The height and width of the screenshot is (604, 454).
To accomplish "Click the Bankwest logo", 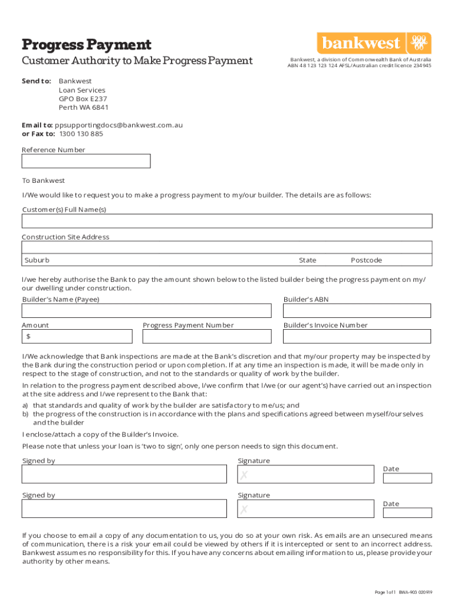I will (x=374, y=43).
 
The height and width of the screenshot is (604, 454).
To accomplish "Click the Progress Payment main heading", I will (x=87, y=44).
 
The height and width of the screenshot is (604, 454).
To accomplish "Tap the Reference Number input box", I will (x=86, y=161).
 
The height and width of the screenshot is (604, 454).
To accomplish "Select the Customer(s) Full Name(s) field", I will (x=227, y=221).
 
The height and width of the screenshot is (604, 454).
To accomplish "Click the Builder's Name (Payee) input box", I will (x=147, y=311).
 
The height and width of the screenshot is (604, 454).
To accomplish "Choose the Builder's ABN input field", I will (x=357, y=311).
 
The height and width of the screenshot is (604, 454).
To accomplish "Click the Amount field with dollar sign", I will (x=77, y=336).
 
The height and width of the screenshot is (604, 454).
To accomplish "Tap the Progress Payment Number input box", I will (x=207, y=336).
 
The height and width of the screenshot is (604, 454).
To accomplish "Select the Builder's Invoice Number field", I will (x=357, y=336).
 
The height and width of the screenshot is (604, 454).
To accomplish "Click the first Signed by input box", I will (x=124, y=474).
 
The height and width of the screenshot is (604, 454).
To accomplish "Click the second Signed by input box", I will (x=124, y=508).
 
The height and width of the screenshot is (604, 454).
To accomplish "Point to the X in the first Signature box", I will (x=244, y=475).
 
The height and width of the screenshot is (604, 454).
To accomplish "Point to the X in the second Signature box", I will (x=244, y=510).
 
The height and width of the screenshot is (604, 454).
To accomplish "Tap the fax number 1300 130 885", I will (x=81, y=133).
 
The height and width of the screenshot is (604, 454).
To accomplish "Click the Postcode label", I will (x=366, y=260).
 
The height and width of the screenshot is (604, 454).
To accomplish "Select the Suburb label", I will (x=37, y=260).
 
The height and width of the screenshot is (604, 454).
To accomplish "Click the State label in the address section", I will (x=307, y=260).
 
